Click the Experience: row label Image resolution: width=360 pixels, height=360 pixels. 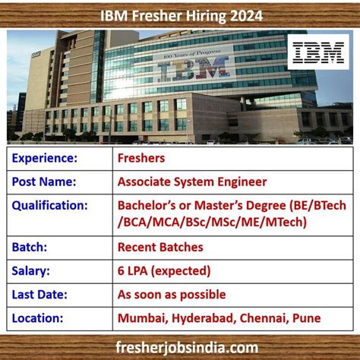tap(45, 158)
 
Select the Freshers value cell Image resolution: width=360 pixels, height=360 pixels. tap(142, 158)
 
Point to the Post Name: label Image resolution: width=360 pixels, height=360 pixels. tap(43, 182)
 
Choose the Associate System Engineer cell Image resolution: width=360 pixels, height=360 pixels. tap(192, 182)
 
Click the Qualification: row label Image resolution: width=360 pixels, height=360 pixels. tap(51, 205)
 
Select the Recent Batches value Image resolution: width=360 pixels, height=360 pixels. tap(160, 246)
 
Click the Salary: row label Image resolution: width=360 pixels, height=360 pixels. tap(32, 270)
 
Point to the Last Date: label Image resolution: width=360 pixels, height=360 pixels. tap(41, 294)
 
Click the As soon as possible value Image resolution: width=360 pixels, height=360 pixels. tap(172, 294)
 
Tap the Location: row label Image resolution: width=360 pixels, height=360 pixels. tap(39, 318)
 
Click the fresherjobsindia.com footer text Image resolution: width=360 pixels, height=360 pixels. tap(180, 346)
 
